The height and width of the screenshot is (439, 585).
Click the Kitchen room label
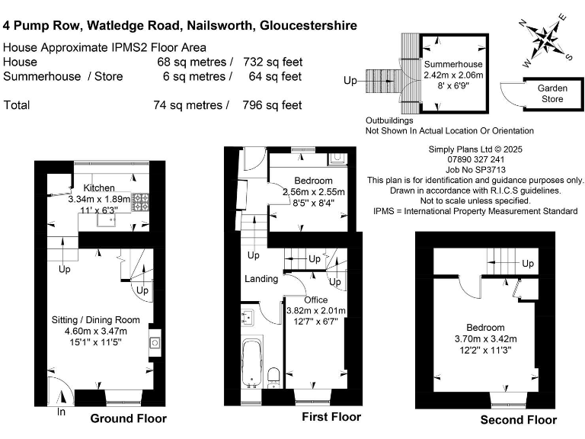(99, 187)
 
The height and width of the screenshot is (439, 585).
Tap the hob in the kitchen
(142, 202)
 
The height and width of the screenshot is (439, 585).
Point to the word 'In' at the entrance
(61, 412)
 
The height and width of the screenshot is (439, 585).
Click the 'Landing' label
(261, 279)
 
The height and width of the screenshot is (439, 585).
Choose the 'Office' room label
(315, 300)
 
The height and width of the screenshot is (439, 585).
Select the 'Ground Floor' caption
(128, 418)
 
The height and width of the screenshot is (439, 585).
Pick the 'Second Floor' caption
(518, 419)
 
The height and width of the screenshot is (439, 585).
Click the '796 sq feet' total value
(273, 105)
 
